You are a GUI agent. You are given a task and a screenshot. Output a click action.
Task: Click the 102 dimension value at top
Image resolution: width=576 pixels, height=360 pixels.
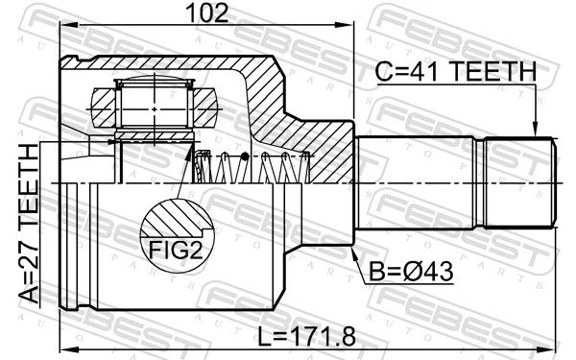click(x=207, y=12)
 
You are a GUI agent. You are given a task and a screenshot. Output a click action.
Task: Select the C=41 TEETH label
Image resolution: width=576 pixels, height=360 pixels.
click(x=455, y=71)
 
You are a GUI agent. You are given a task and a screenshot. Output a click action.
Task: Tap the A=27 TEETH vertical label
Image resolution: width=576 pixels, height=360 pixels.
click(x=29, y=224)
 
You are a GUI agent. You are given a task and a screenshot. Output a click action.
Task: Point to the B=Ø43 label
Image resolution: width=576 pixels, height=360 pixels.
click(x=411, y=272)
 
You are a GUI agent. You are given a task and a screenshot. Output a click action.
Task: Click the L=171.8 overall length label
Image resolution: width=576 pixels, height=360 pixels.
click(x=306, y=337)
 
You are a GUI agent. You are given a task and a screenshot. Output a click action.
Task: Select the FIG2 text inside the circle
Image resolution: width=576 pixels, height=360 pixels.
click(x=176, y=251)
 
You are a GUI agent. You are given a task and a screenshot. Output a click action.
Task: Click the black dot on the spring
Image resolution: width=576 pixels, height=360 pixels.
click(x=245, y=157)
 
